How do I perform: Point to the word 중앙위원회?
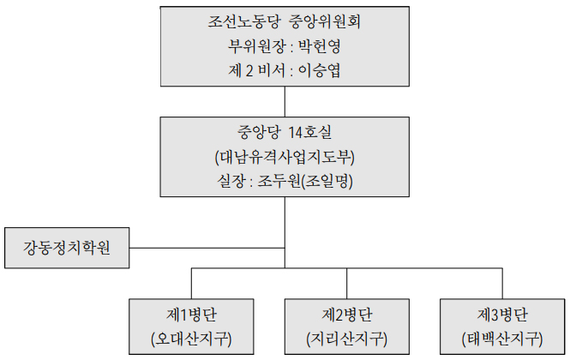tap(324, 21)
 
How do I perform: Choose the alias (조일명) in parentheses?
tap(334, 183)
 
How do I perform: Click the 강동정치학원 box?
tap(66, 249)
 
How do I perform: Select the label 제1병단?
tap(190, 313)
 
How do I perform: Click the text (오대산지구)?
tap(190, 337)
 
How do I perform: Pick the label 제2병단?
tap(346, 313)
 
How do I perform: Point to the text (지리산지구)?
tap(346, 337)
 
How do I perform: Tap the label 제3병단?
tap(501, 313)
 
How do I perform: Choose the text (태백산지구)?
tap(501, 337)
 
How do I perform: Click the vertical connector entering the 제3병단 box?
tap(502, 283)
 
